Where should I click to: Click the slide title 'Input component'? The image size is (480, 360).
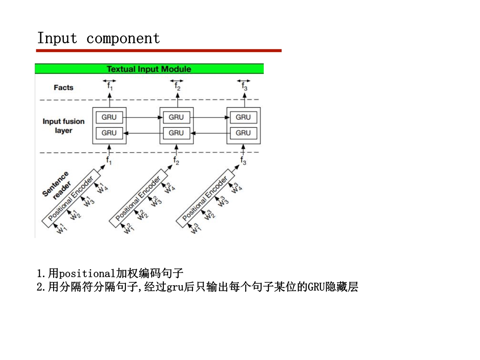pyautogui.click(x=98, y=38)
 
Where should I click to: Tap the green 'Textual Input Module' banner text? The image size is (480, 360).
pyautogui.click(x=149, y=69)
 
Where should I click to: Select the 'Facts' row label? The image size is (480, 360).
pyautogui.click(x=63, y=88)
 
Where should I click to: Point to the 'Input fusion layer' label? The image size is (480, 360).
pyautogui.click(x=63, y=126)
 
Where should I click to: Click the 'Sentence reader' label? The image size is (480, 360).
pyautogui.click(x=56, y=186)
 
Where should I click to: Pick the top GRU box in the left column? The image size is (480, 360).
pyautogui.click(x=109, y=117)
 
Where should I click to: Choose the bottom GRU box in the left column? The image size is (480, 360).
pyautogui.click(x=109, y=133)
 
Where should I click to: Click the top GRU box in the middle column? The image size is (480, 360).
pyautogui.click(x=176, y=117)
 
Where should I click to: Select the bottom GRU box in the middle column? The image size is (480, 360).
pyautogui.click(x=176, y=133)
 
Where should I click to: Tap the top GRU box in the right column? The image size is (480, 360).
pyautogui.click(x=243, y=117)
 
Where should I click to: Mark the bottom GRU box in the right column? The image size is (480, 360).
pyautogui.click(x=243, y=133)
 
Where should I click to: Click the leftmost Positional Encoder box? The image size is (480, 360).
pyautogui.click(x=71, y=199)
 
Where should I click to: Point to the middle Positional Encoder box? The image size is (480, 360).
pyautogui.click(x=138, y=199)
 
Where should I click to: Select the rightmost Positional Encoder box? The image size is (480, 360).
pyautogui.click(x=205, y=199)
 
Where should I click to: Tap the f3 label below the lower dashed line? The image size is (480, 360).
pyautogui.click(x=243, y=161)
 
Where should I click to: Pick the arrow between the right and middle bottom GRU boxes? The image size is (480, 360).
pyautogui.click(x=210, y=133)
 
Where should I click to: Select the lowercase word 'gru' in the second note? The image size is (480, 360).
pyautogui.click(x=175, y=287)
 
